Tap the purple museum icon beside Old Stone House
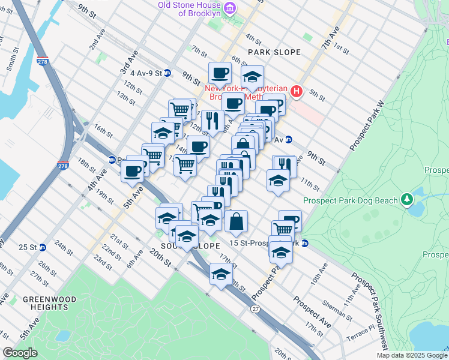229,7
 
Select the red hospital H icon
295,91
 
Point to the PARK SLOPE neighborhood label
273,52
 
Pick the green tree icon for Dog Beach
408,198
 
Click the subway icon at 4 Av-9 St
168,73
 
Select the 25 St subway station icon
43,247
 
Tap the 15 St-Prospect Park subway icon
305,244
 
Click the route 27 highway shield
255,308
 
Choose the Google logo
20,353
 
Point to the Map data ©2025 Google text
411,355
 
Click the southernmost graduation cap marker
220,275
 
